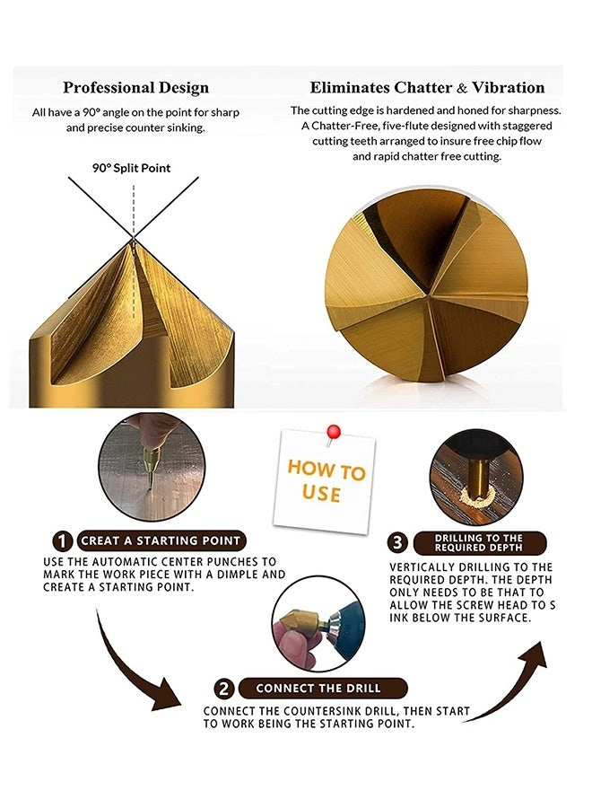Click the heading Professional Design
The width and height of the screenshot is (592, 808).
click(136, 88)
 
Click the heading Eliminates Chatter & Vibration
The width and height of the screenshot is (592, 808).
click(427, 88)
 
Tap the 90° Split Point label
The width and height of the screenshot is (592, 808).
click(131, 168)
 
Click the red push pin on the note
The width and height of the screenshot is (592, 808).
click(333, 432)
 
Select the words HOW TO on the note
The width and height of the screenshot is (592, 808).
click(326, 470)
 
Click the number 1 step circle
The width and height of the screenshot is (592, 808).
click(62, 541)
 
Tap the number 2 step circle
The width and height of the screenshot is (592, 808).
click(224, 689)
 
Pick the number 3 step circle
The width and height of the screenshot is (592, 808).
click(397, 542)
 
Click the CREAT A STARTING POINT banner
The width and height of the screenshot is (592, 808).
click(161, 540)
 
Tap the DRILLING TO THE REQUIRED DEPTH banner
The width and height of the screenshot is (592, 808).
click(479, 542)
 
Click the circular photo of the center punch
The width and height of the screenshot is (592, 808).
click(152, 467)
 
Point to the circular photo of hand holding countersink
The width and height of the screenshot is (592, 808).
click(318, 624)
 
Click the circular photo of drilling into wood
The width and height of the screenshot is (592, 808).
click(476, 478)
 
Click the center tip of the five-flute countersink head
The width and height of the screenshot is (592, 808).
click(428, 295)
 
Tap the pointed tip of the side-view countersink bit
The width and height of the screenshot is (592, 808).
click(134, 239)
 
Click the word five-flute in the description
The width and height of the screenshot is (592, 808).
click(405, 126)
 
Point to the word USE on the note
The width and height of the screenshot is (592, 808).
click(322, 494)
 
